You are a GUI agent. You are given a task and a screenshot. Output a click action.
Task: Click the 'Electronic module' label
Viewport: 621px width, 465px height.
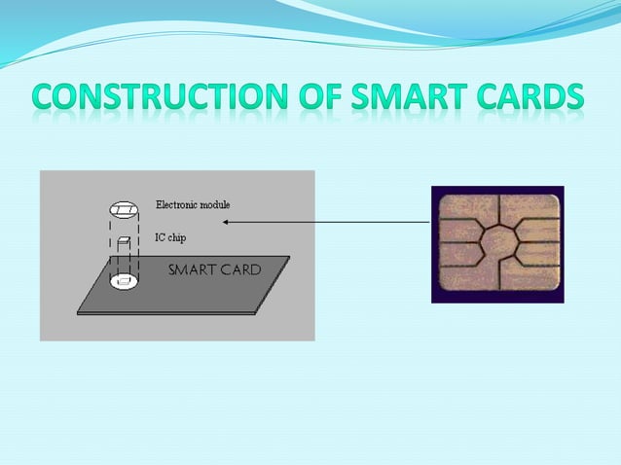pos(193,205)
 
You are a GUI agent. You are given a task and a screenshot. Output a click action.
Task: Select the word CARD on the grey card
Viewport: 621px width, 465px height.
pos(241,269)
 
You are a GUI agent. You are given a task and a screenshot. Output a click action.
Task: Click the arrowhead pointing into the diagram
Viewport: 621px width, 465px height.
pos(226,222)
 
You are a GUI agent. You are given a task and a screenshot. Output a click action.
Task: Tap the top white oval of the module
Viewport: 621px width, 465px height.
pos(123,209)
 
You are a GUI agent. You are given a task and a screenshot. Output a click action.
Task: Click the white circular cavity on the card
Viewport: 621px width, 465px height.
pos(123,282)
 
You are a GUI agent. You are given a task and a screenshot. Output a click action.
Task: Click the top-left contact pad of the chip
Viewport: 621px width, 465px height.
pos(462,210)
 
